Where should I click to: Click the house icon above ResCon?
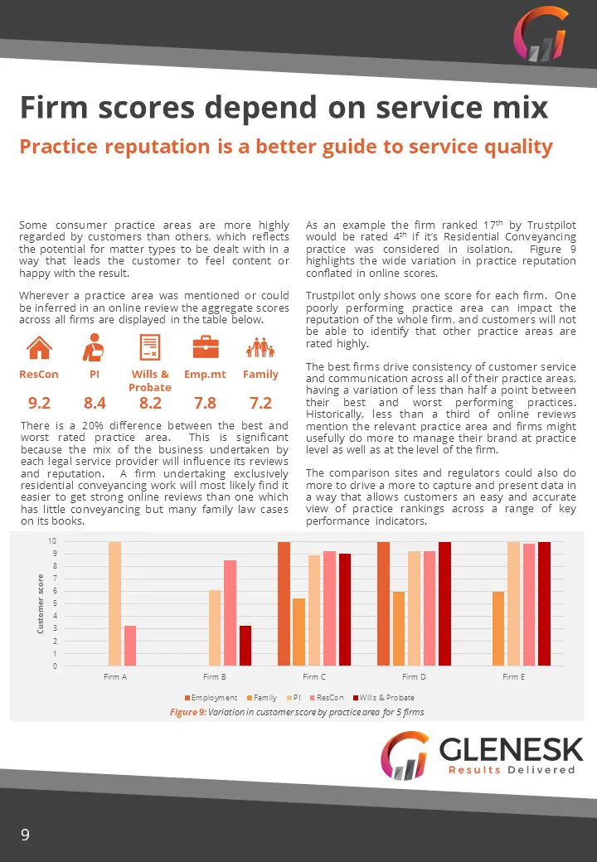point(39,347)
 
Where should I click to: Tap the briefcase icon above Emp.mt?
point(206,347)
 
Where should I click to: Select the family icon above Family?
point(260,347)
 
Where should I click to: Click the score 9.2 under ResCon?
point(39,403)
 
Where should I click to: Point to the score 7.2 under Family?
point(260,403)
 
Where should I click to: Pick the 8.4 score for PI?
point(95,403)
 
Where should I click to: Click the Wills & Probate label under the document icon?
point(150,380)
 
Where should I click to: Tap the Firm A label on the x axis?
point(115,676)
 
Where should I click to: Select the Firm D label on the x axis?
point(414,676)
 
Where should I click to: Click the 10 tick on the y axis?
point(51,541)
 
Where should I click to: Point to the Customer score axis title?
point(40,603)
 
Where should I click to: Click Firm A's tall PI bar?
point(115,603)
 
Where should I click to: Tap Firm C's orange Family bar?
point(298,632)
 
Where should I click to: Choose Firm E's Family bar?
point(498,628)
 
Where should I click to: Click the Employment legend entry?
point(211,698)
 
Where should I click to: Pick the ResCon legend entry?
point(327,698)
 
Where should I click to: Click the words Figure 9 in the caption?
point(187,712)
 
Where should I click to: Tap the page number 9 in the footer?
point(25,835)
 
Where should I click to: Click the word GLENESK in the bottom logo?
point(511,749)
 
